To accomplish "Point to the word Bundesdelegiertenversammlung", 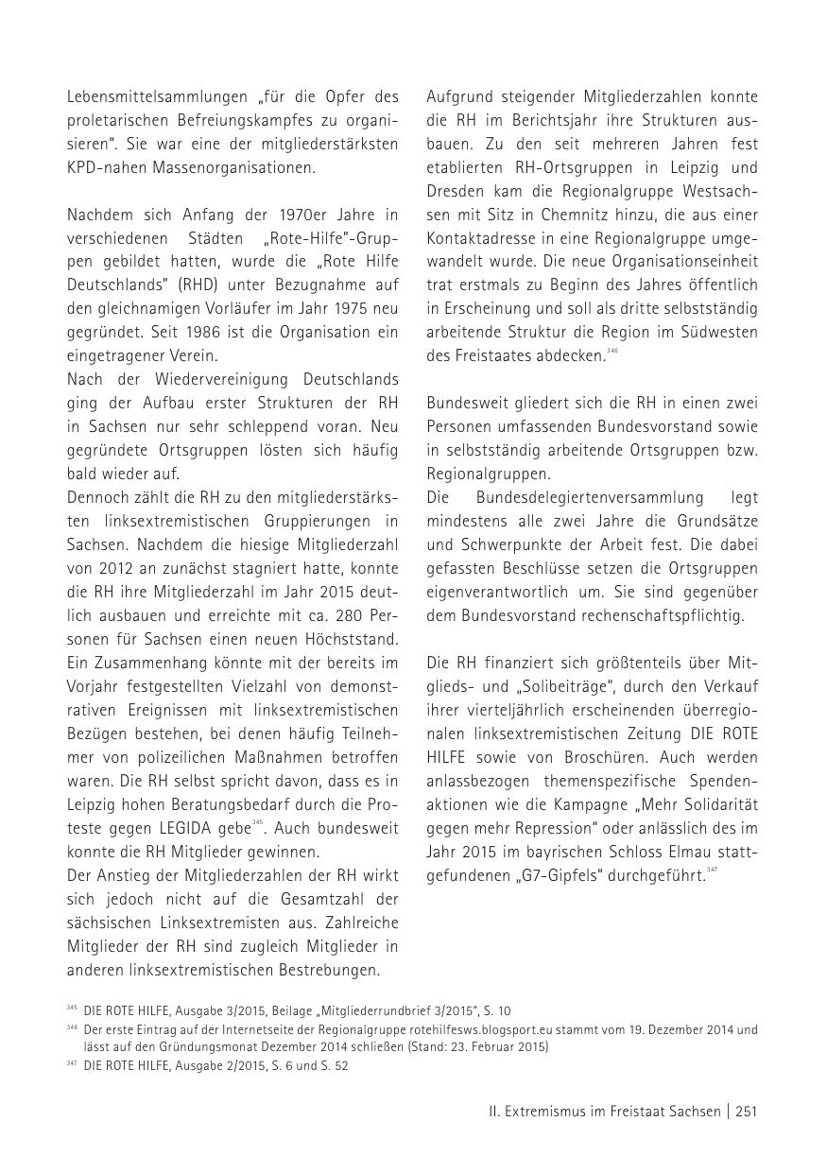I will coord(591,497).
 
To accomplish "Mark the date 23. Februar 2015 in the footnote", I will coord(496,1046).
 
